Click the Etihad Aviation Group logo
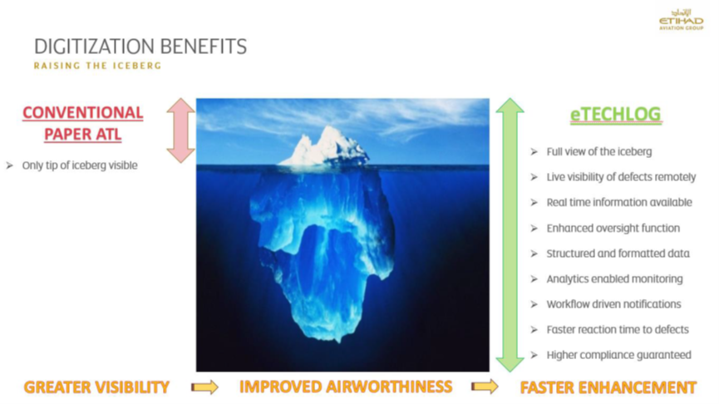tap(681, 20)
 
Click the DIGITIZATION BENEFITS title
tap(140, 47)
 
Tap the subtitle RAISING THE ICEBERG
tap(98, 66)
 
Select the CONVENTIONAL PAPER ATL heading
tap(83, 123)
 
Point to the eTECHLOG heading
tap(615, 115)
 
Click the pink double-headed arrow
tap(181, 131)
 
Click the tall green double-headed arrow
tap(510, 234)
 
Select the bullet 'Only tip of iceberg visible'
tap(80, 165)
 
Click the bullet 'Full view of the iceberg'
tap(598, 152)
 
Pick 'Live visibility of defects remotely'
tap(621, 177)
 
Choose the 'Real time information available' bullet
tap(619, 202)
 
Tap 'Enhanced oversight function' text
tap(613, 228)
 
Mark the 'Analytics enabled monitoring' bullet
tap(614, 278)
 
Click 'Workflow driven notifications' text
tap(613, 304)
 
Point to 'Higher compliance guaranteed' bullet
tap(618, 355)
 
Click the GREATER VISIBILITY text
tap(96, 387)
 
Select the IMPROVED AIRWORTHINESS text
tap(346, 387)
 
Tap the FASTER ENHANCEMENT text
tap(608, 387)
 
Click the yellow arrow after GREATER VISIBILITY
tap(204, 387)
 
